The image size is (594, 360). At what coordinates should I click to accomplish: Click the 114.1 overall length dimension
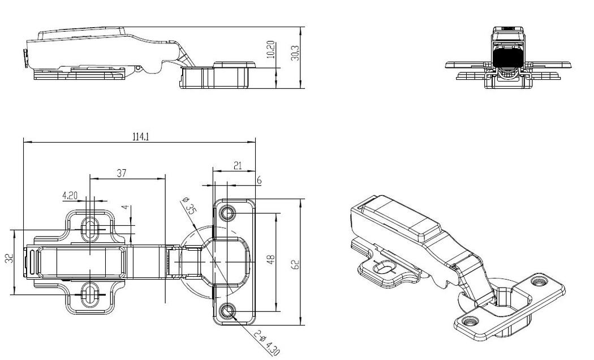(140, 137)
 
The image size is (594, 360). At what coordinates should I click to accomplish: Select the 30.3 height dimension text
(295, 53)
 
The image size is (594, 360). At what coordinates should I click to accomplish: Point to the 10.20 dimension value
(271, 50)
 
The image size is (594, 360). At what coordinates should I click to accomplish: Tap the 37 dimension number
(121, 174)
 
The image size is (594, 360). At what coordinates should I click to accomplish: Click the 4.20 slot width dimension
(70, 195)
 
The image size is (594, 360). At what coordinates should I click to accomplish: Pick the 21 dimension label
(238, 166)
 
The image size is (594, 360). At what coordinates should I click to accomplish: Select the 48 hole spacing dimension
(270, 260)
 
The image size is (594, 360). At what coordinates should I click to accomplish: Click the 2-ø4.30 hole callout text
(266, 343)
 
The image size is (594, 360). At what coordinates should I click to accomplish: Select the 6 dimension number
(259, 181)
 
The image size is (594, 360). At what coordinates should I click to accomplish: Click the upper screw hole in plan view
(228, 213)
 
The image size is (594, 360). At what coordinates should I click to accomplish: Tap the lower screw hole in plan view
(228, 311)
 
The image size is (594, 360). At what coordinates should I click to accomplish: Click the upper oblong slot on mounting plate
(90, 228)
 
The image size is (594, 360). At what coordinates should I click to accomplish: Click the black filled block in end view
(508, 57)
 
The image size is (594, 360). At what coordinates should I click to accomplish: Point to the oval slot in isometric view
(384, 268)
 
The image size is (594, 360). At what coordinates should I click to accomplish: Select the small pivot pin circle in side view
(139, 68)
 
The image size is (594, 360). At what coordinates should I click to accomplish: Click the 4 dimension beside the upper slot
(127, 209)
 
